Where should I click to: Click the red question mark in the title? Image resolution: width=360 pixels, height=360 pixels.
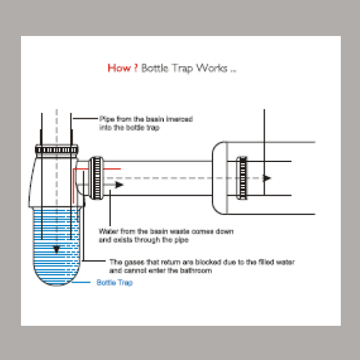point(135,68)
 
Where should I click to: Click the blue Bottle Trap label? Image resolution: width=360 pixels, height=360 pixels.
point(115,283)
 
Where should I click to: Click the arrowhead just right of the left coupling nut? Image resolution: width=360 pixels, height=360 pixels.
point(119,185)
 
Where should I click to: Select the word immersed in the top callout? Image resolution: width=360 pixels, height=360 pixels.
point(179,119)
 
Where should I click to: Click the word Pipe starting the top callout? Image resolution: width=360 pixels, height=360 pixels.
point(104,119)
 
